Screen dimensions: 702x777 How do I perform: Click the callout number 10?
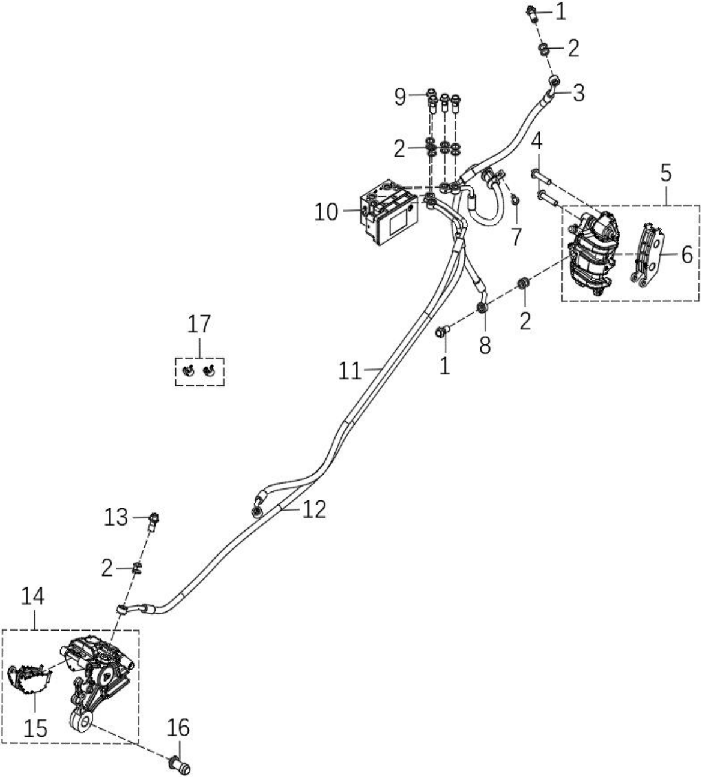pyautogui.click(x=326, y=212)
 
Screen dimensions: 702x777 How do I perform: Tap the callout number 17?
pyautogui.click(x=199, y=324)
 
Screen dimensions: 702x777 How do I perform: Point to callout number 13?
pyautogui.click(x=116, y=517)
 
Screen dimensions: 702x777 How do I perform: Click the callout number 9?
pyautogui.click(x=401, y=97)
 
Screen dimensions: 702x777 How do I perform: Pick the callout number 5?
pyautogui.click(x=665, y=173)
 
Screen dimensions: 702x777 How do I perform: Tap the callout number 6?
pyautogui.click(x=687, y=255)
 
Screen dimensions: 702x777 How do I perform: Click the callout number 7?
pyautogui.click(x=515, y=237)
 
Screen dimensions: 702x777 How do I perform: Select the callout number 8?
pyautogui.click(x=485, y=345)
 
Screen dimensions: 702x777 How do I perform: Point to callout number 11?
pyautogui.click(x=350, y=371)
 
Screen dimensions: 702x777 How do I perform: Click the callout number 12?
pyautogui.click(x=314, y=509)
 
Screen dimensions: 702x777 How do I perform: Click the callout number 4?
pyautogui.click(x=537, y=142)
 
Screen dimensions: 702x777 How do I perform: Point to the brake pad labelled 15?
pyautogui.click(x=29, y=678)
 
